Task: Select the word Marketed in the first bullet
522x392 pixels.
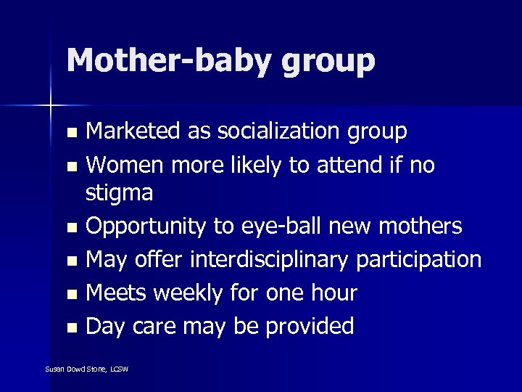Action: [x=131, y=131]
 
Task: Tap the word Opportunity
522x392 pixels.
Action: [x=146, y=227]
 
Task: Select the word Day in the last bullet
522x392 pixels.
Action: [x=105, y=327]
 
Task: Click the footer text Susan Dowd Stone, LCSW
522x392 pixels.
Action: [x=86, y=369]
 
